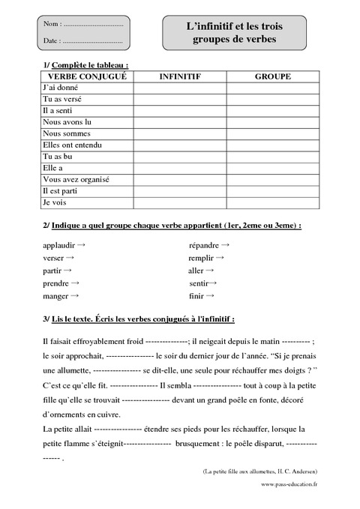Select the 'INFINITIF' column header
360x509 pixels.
click(179, 76)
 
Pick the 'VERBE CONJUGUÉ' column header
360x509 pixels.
click(87, 76)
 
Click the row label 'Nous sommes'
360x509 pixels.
click(66, 133)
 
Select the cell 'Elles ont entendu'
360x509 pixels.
click(73, 145)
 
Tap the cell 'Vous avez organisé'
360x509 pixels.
click(76, 179)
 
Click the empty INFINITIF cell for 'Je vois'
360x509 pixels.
click(179, 202)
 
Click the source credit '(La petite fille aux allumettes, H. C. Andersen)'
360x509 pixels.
click(259, 471)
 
